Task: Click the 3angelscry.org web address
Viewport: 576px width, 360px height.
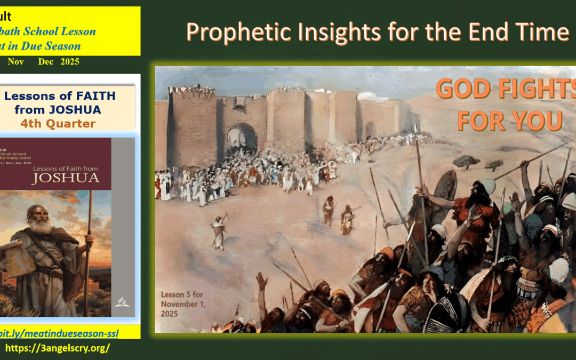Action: pos(57,348)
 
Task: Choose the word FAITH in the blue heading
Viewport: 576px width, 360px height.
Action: pos(91,97)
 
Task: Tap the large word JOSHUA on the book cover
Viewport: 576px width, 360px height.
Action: pos(66,178)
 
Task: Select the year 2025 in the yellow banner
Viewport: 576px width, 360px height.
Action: pos(70,62)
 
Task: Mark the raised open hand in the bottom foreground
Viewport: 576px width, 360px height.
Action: pos(261,281)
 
